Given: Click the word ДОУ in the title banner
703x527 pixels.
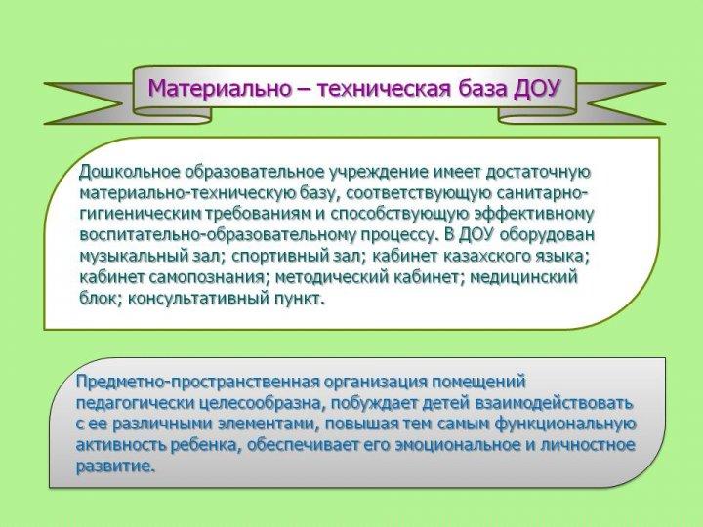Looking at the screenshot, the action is tap(537, 88).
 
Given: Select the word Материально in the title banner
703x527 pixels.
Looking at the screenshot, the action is tap(220, 88).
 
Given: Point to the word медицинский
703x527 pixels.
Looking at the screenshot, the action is tap(522, 278).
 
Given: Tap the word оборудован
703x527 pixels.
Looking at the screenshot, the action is tap(547, 235).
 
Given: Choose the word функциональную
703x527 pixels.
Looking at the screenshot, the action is tap(565, 424).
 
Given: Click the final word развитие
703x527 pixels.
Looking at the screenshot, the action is tap(115, 466).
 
